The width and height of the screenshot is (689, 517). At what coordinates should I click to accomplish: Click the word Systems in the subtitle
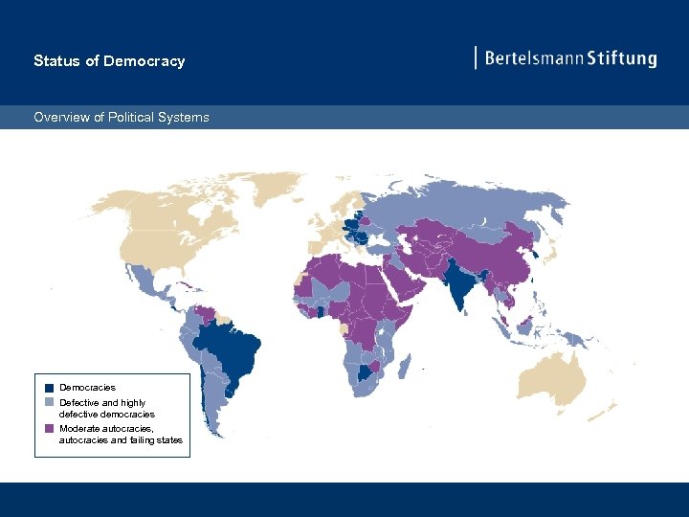[186, 118]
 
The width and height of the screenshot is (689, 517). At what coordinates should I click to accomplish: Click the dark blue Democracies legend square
[49, 388]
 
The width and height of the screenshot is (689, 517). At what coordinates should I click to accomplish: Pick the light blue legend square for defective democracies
[49, 403]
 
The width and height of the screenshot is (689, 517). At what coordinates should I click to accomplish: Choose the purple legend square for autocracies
[49, 429]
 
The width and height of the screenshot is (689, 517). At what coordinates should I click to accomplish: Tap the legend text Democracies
[87, 388]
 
